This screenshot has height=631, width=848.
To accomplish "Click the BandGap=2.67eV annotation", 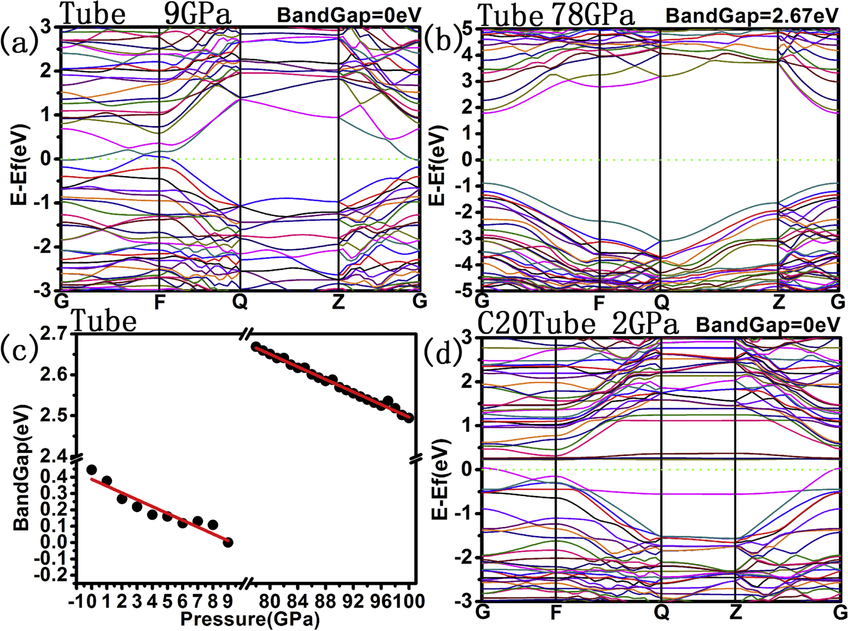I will [752, 16].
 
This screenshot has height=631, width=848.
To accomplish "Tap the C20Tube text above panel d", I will [536, 325].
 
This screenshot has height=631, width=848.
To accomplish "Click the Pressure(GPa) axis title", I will [250, 619].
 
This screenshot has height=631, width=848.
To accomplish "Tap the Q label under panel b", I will [662, 302].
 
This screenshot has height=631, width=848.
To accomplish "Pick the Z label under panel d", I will [735, 612].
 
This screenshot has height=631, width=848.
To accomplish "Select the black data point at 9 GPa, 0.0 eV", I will [228, 542].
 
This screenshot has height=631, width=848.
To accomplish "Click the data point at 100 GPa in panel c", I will [409, 418].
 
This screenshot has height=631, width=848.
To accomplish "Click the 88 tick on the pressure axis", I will [325, 601].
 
